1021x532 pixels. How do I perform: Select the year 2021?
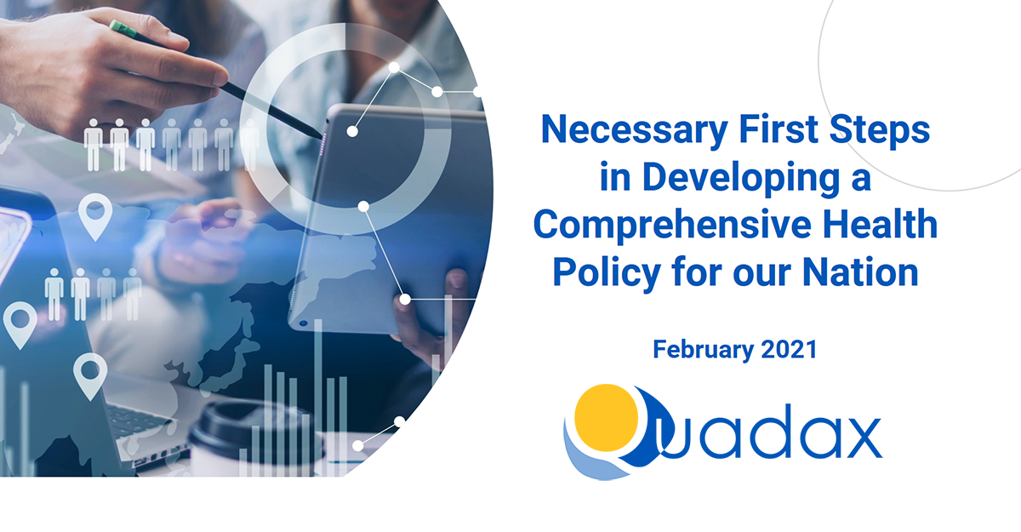click(x=789, y=349)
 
